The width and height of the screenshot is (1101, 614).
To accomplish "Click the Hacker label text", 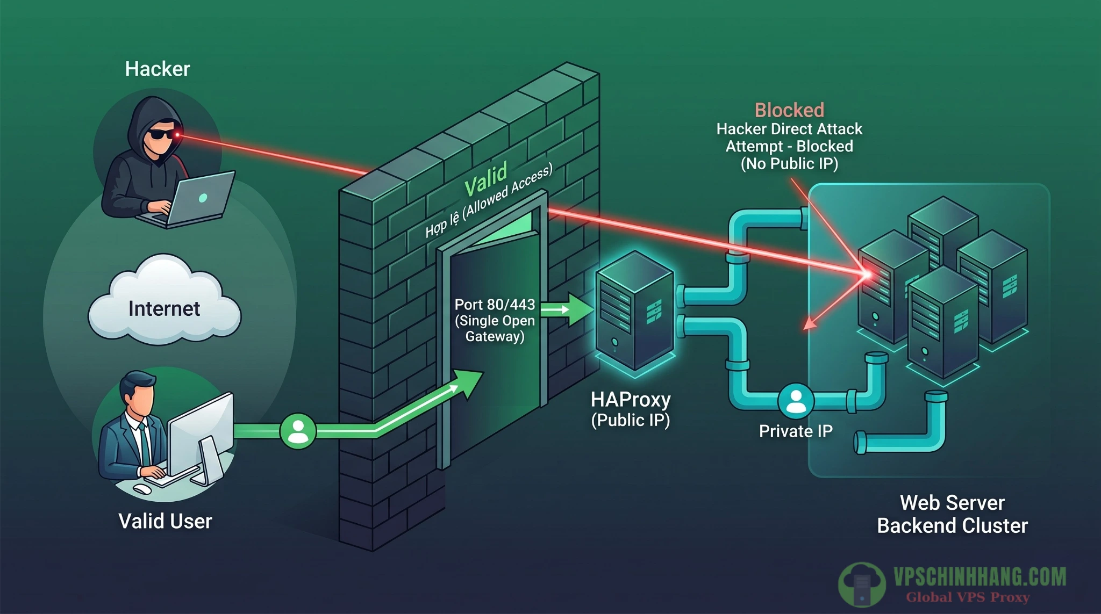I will tap(157, 69).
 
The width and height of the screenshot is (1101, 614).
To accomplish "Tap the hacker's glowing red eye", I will tap(177, 134).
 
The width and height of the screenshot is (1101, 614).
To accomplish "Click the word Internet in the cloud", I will tap(164, 308).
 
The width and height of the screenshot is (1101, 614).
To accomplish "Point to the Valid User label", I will tap(165, 521).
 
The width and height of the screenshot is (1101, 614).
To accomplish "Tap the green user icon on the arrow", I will tap(298, 431).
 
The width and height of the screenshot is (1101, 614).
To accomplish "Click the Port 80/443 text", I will tap(495, 305).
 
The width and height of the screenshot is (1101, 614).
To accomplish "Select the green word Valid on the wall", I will tap(485, 179).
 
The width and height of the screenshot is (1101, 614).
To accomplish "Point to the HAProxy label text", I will tap(631, 400).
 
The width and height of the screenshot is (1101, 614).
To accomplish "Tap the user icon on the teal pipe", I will tap(796, 401).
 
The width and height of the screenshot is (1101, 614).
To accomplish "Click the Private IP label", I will tap(796, 431).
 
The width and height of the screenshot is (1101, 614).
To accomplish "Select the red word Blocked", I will tap(789, 110).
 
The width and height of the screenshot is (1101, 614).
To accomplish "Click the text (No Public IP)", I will tap(789, 163).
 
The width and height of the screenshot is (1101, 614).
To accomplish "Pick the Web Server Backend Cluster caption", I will tap(952, 514).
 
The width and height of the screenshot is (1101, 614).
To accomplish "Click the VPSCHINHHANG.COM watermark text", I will tap(980, 577).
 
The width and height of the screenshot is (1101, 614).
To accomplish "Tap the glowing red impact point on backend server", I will tap(867, 275).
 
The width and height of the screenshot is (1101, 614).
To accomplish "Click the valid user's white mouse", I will tap(142, 489).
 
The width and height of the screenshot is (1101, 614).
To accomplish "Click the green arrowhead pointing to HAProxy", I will tap(581, 309).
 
